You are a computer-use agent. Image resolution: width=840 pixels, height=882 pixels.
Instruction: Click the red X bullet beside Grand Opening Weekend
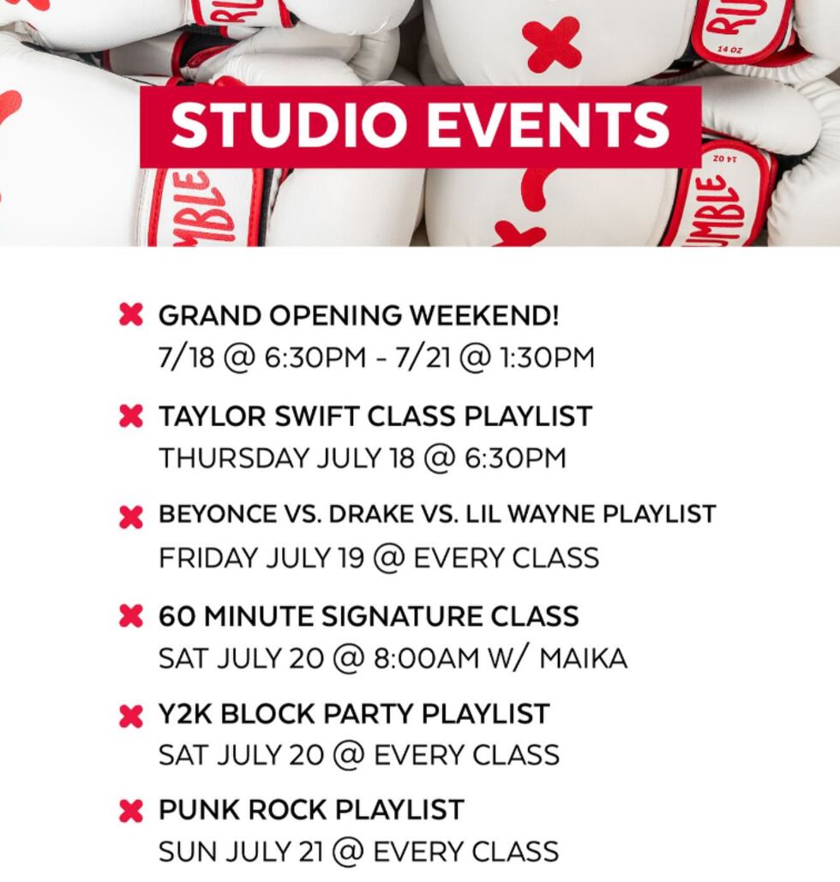click(130, 315)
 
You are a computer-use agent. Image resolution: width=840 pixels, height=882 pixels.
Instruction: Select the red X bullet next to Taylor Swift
click(130, 417)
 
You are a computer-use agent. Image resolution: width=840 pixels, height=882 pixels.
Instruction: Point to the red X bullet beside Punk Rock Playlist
click(130, 810)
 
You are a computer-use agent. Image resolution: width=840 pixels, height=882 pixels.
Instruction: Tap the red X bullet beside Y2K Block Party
click(130, 715)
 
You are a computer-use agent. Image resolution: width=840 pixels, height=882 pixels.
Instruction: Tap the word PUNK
click(195, 809)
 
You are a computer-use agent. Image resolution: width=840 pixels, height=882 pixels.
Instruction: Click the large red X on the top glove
click(552, 43)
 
